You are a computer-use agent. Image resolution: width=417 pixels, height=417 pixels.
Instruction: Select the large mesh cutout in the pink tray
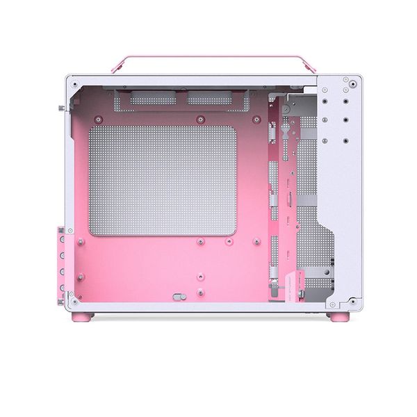tap(163, 181)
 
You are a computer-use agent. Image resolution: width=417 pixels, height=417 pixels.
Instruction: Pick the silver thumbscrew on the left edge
tap(63, 107)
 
